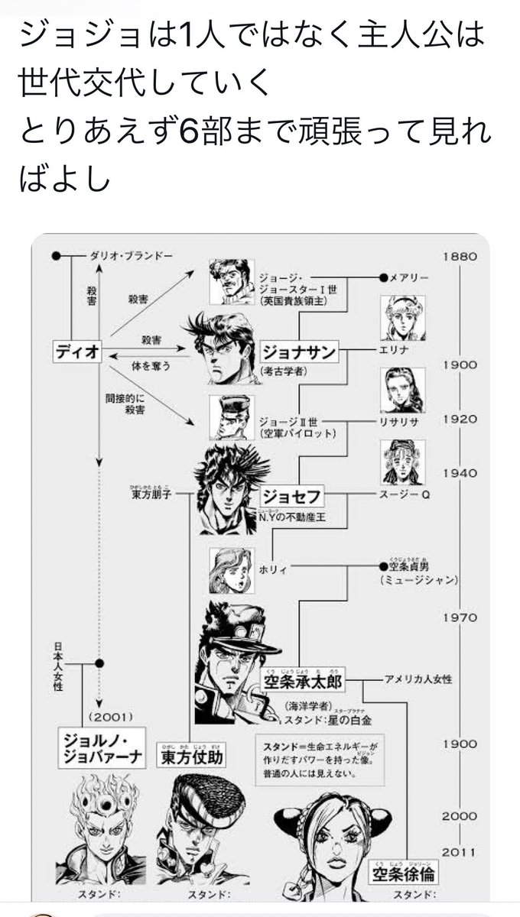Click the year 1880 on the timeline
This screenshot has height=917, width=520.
(x=459, y=257)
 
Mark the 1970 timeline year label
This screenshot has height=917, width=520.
(x=459, y=617)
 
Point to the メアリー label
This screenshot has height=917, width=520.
(x=413, y=277)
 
